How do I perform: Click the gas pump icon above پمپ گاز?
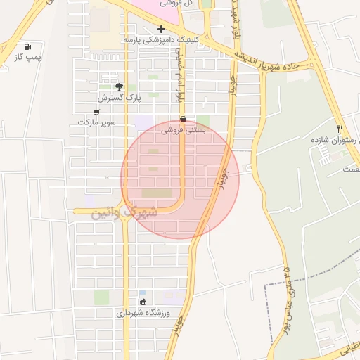[27, 46]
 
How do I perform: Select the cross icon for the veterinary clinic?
[162, 30]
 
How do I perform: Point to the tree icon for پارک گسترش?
[119, 86]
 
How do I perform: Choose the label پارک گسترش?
[120, 97]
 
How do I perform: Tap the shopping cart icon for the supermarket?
[96, 112]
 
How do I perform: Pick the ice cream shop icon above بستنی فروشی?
[184, 120]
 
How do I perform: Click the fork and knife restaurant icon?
[340, 129]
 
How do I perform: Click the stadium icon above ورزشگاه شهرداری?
[143, 302]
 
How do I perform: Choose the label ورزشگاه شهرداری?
[144, 313]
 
